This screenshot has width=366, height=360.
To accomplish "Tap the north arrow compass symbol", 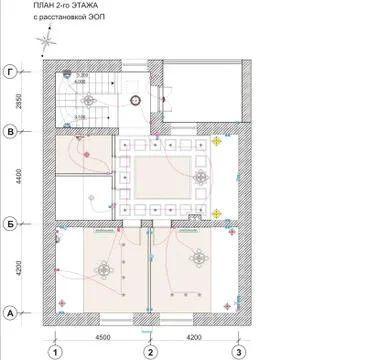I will tap(45, 41).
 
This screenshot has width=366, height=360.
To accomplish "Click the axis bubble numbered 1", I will tap(57, 351).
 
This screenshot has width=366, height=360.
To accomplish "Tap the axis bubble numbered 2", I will tap(150, 351).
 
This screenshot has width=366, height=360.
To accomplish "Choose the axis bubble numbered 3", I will tap(238, 351).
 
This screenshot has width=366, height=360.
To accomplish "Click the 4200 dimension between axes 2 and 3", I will tap(194, 337).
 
